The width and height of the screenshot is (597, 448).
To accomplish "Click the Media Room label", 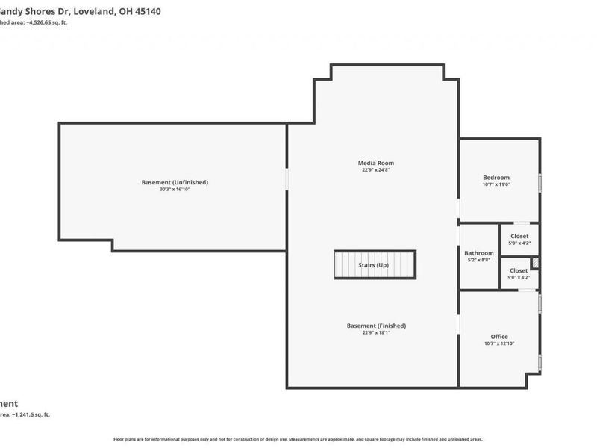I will point(376,163).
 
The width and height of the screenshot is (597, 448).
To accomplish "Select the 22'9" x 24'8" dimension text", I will point(376,170).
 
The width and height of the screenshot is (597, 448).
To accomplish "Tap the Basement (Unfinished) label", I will point(175,182).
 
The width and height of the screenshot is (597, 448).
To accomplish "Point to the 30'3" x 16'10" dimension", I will point(175,190).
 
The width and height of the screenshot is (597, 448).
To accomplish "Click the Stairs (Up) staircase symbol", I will point(374,265).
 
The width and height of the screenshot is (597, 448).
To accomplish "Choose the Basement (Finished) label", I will point(376,326).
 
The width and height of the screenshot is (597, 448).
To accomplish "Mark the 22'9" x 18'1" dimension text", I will point(376,333).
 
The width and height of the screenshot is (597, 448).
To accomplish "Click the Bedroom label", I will point(496,178).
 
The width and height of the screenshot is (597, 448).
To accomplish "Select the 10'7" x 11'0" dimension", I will point(496,184).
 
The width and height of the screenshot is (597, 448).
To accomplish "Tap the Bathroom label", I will point(478,253).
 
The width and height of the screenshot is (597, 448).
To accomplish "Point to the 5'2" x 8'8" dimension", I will point(478,261).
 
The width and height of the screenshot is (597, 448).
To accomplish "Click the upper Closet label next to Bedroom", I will point(519,236).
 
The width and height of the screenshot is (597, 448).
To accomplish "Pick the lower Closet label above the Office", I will point(519,270).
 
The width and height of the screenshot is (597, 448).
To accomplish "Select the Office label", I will point(499,337).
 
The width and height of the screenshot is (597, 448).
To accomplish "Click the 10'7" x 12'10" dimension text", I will point(499,344).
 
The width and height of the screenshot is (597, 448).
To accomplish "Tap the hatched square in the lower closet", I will point(534,263).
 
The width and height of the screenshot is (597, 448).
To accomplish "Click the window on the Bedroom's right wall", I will point(540,184).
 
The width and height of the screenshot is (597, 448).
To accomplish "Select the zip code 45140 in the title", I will point(147,11).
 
